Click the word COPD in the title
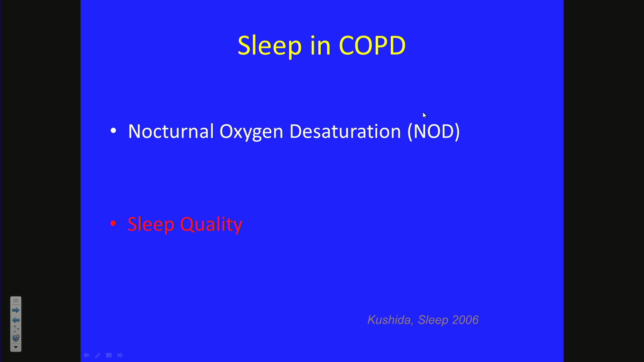tap(372, 45)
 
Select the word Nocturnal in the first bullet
tap(171, 131)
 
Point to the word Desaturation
tap(345, 131)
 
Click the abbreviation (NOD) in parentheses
tap(433, 131)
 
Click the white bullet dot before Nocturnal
tap(113, 131)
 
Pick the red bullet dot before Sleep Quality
tap(113, 224)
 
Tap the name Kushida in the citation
tap(389, 320)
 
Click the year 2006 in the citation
tap(465, 320)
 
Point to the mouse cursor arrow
tap(424, 115)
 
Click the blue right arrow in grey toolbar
tap(16, 310)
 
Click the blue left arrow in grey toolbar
tap(16, 320)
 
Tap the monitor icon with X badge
tap(16, 338)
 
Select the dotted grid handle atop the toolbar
tap(16, 301)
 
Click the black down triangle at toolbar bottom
tap(16, 347)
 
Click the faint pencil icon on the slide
tap(98, 355)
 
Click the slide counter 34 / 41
tap(15, 329)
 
